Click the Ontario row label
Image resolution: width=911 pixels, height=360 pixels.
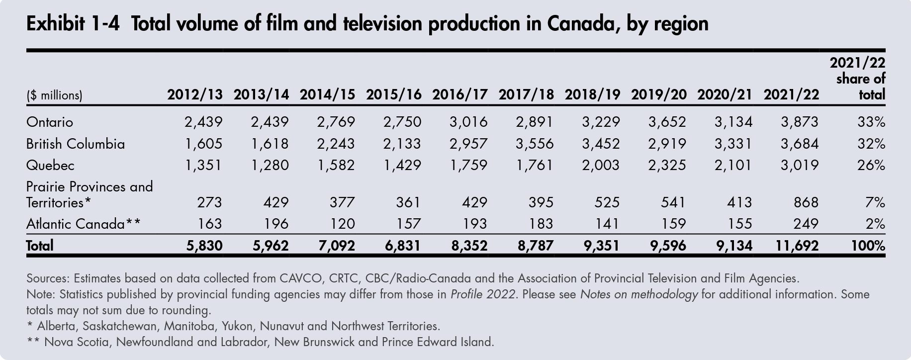tap(49, 122)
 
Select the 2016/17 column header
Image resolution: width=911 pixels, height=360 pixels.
tap(459, 94)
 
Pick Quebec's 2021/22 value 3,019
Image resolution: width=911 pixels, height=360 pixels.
tap(799, 165)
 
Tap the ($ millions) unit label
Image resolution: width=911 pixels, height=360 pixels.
tap(54, 95)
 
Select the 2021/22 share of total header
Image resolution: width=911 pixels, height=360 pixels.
tap(859, 79)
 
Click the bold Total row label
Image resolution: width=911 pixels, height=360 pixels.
tap(40, 246)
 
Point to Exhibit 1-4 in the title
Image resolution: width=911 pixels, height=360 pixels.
tap(73, 24)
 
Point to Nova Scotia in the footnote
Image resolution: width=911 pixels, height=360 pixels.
tap(77, 343)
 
